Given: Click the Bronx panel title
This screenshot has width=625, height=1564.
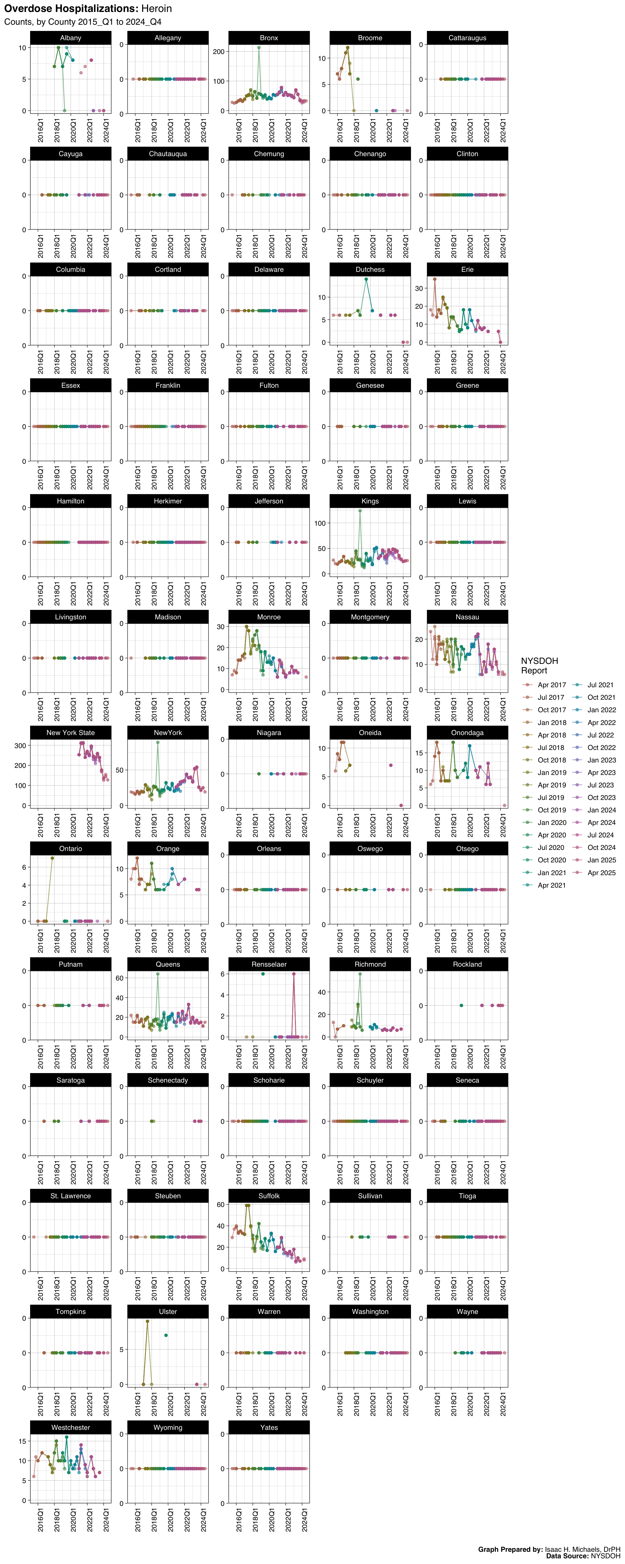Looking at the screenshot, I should pyautogui.click(x=269, y=38).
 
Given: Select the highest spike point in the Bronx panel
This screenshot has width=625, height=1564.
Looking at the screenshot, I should pyautogui.click(x=259, y=47).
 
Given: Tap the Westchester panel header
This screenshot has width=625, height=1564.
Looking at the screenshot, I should pyautogui.click(x=70, y=1427).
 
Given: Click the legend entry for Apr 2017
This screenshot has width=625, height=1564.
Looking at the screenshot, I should pyautogui.click(x=551, y=685).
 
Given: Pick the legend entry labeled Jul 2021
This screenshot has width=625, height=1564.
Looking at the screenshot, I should pyautogui.click(x=600, y=685).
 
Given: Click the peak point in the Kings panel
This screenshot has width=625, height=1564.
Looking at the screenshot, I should pyautogui.click(x=360, y=510).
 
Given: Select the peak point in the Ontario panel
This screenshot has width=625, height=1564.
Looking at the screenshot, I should pyautogui.click(x=52, y=858).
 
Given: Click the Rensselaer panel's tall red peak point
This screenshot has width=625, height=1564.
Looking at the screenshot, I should pyautogui.click(x=294, y=974).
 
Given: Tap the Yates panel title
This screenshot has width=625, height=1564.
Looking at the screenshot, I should pyautogui.click(x=269, y=1427).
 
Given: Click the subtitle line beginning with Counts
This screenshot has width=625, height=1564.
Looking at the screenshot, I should pyautogui.click(x=82, y=22).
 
